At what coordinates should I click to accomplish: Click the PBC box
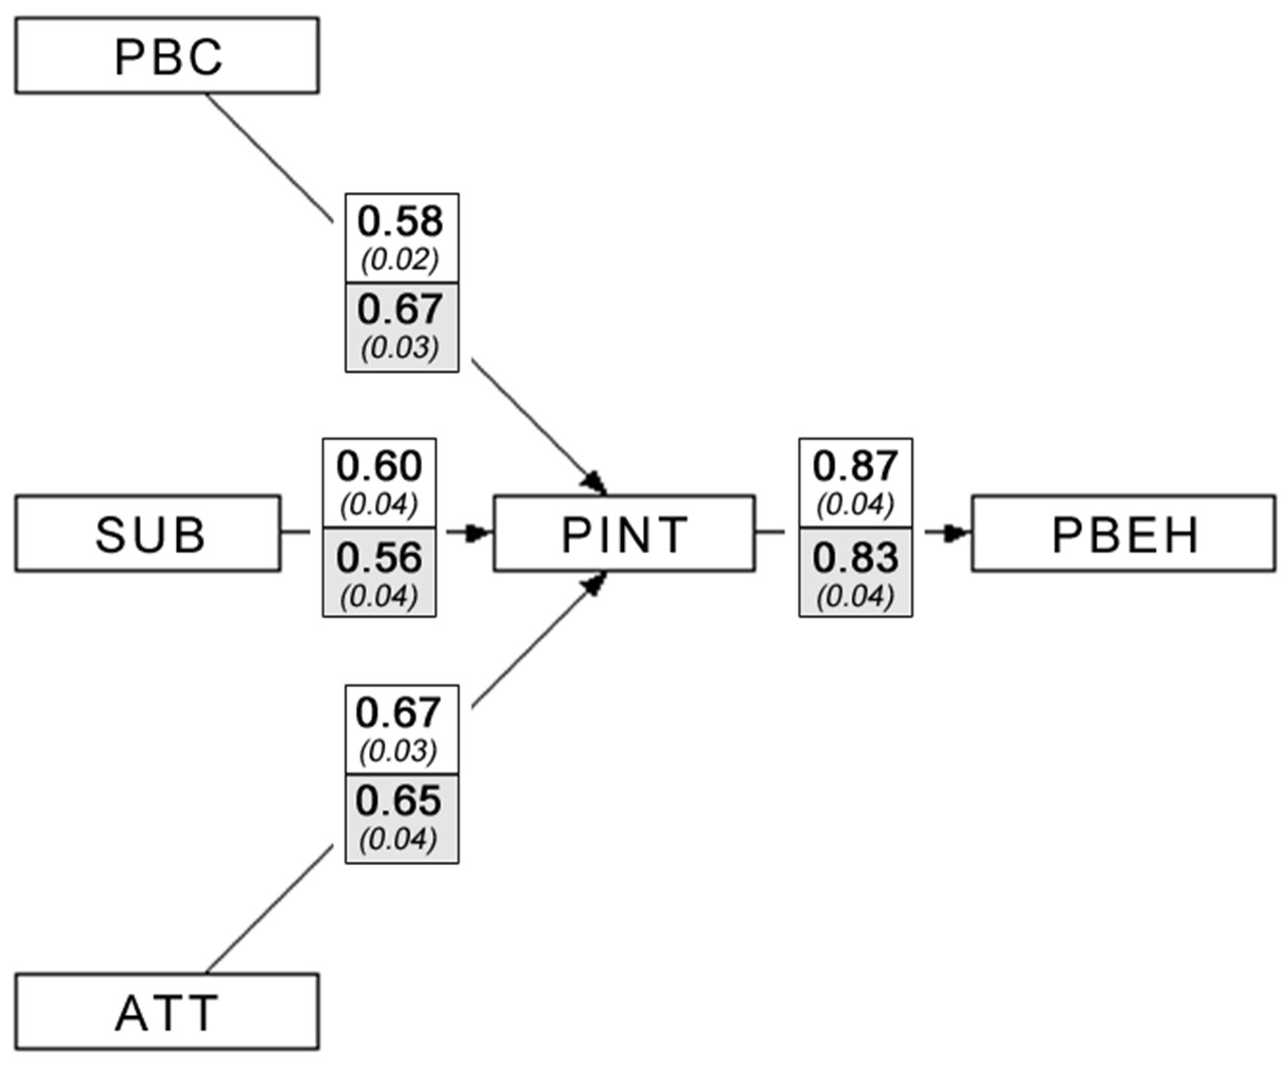pos(167,56)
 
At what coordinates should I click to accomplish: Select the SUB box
pos(148,534)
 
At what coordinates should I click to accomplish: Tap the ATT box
pos(167,1013)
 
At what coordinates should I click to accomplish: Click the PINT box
pos(624,534)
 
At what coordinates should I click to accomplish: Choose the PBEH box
pos(1124,534)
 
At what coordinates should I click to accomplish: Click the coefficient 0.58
pos(400,222)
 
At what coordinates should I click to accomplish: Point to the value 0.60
pos(379,466)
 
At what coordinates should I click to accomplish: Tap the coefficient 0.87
pos(855,466)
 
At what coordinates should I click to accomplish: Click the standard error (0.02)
pos(400,260)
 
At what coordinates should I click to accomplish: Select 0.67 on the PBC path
pos(400,310)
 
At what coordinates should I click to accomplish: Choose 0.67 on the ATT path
pos(399,713)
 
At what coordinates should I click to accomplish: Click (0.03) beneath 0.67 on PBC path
pos(400,348)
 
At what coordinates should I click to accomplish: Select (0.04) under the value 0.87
pos(855,505)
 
